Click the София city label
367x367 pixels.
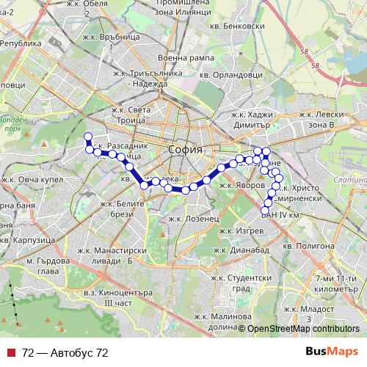coord(184,149)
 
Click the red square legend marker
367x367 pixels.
coord(12,353)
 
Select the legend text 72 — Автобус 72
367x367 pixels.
coord(65,353)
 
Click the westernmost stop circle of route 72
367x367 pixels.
coord(88,136)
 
